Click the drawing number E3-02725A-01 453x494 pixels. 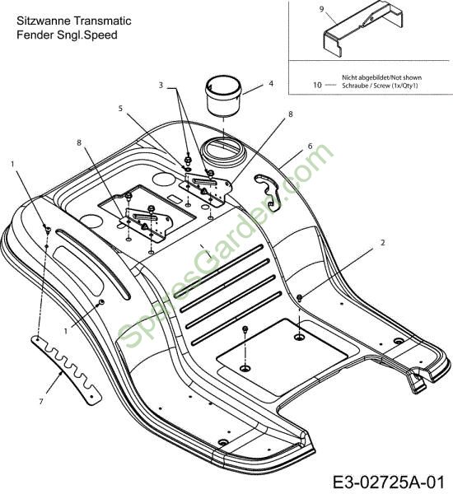pos(389,482)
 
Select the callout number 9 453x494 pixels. pos(321,9)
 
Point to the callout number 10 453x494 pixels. pos(317,85)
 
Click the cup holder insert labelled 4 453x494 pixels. pos(223,96)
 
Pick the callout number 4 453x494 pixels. pos(271,83)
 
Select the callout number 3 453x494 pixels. pos(161,86)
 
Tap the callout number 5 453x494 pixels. pos(120,109)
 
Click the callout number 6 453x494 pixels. pos(311,146)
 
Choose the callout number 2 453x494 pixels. pos(383,243)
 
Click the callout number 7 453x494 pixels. pos(41,402)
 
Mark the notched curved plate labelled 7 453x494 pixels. pos(66,369)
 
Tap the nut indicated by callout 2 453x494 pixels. pos(300,296)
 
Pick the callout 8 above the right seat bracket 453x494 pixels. pos(291,114)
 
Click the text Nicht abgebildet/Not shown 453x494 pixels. pos(382,77)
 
